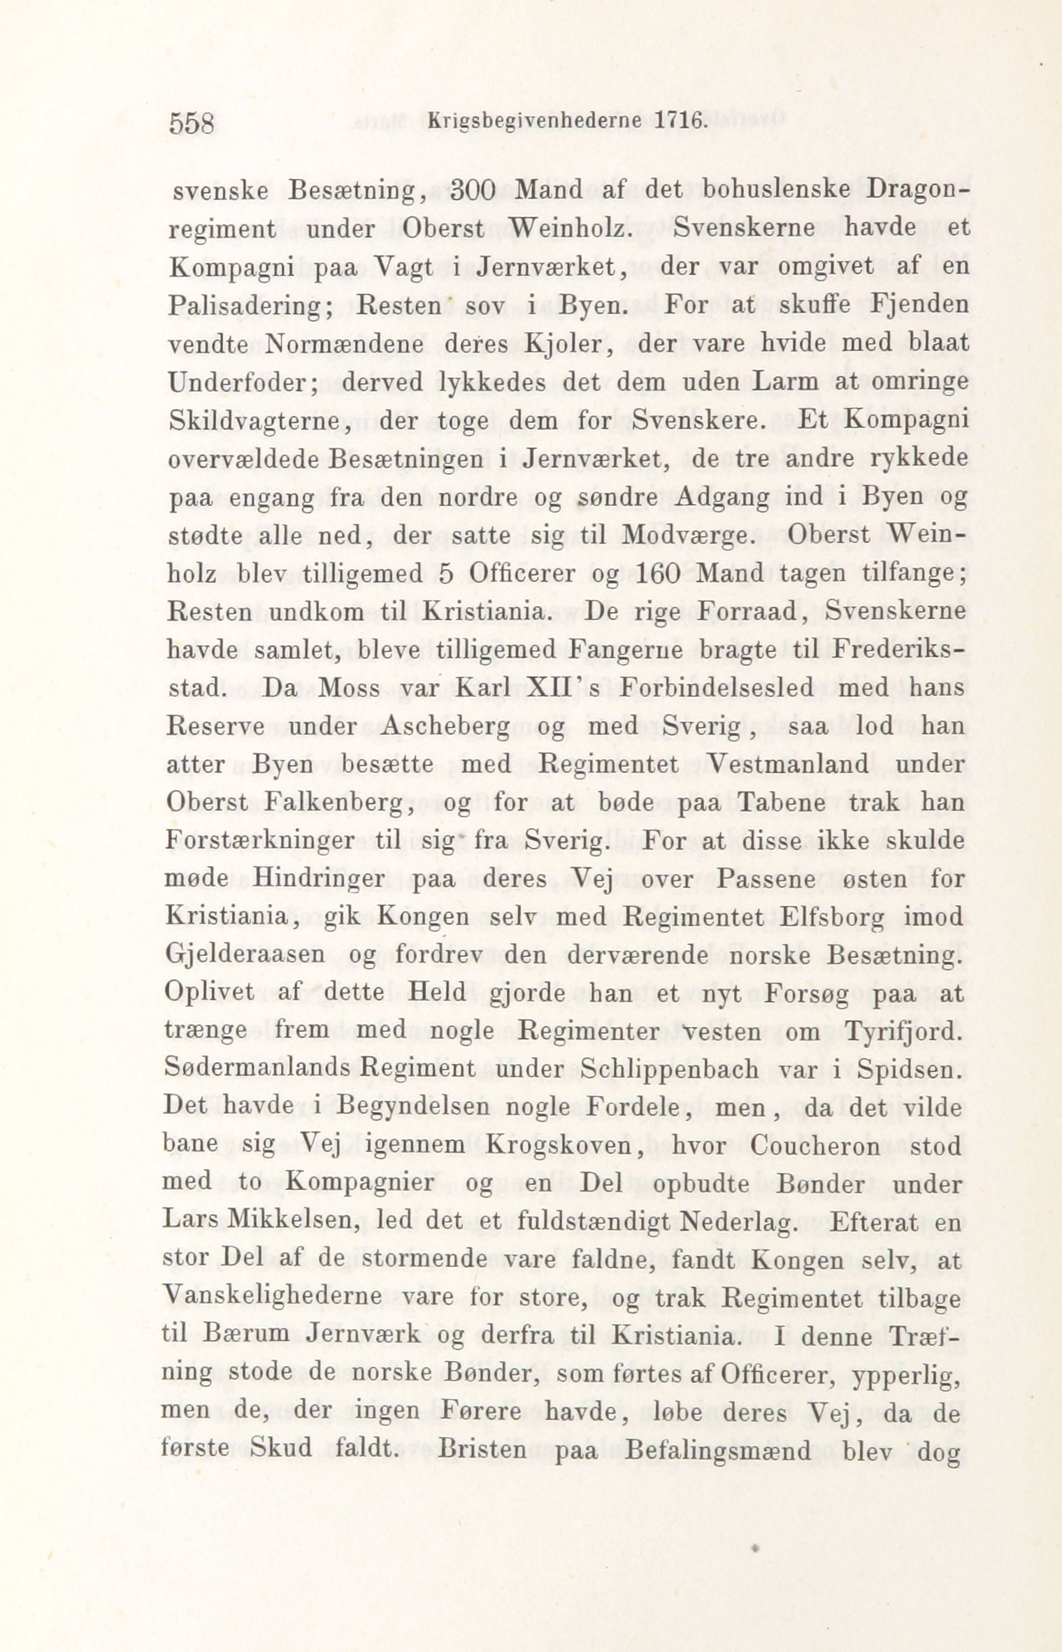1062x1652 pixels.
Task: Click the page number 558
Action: [191, 123]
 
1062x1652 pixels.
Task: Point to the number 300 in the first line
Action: [473, 191]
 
